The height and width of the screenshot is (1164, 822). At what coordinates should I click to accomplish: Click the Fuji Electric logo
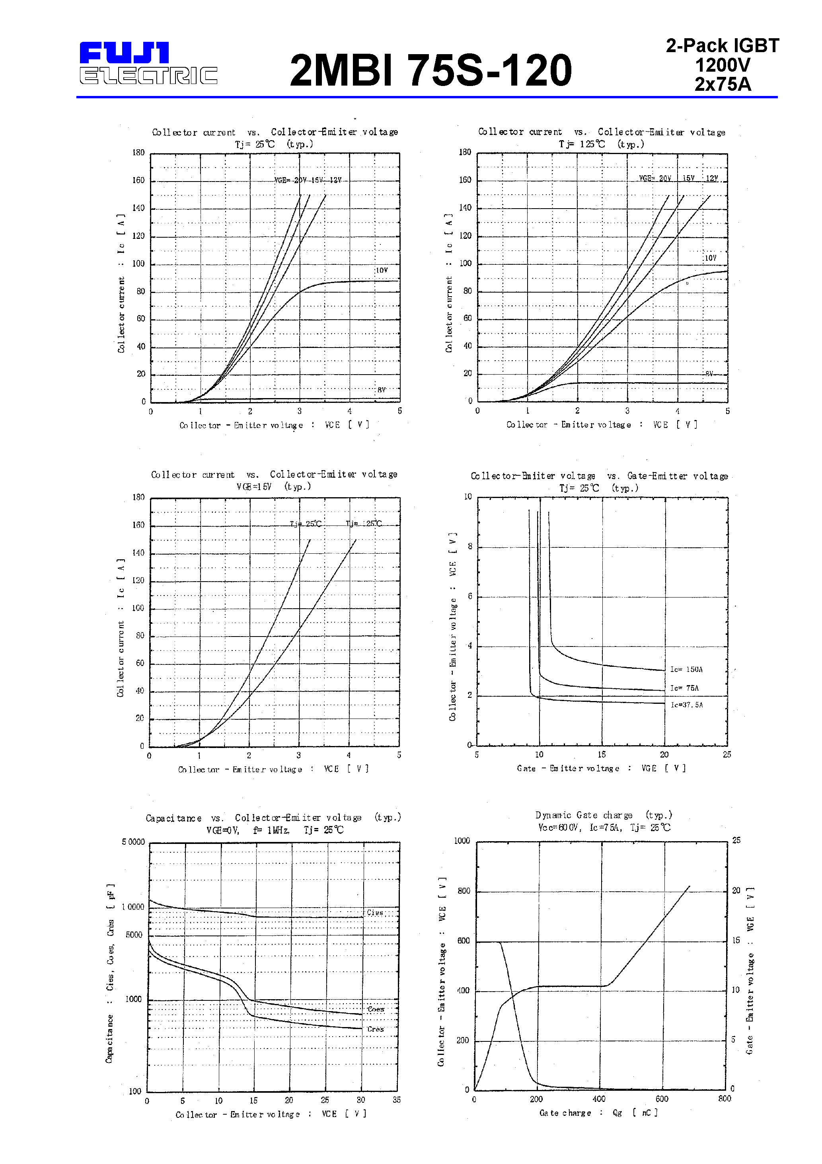148,63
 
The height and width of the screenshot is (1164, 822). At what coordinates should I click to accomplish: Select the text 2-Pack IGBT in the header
722,46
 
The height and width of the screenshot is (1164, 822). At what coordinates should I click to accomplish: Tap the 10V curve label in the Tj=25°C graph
381,270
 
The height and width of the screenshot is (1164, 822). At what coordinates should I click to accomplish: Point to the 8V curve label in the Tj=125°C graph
709,374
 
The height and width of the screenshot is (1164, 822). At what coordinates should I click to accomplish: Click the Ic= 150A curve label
686,669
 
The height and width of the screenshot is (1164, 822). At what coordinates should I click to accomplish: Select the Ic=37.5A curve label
687,705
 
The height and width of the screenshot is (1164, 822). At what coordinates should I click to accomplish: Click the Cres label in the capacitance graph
375,1029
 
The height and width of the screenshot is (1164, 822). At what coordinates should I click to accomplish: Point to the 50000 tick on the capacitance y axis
133,842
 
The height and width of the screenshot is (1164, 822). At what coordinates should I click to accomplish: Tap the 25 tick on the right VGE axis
736,840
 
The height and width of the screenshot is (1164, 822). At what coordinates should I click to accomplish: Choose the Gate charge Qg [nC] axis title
598,1113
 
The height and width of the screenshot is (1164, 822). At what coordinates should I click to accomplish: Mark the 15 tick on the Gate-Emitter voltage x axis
601,754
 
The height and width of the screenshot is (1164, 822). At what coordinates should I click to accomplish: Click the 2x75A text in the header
722,84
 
